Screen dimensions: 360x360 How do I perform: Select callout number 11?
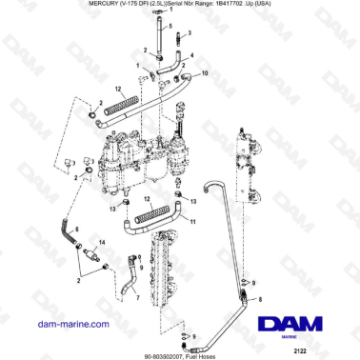click(194, 222)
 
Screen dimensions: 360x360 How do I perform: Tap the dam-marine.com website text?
click(59, 325)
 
